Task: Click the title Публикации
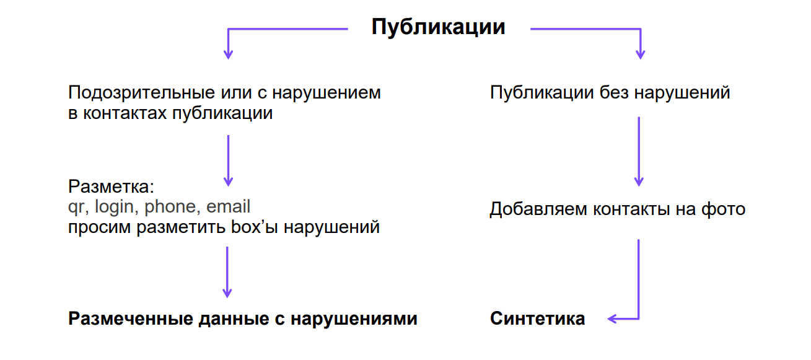coord(438,27)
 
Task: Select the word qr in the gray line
coord(76,207)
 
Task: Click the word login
coord(114,207)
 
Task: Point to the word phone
coord(169,207)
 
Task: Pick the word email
coord(228,207)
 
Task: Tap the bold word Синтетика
coord(537,318)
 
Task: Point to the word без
coord(617,93)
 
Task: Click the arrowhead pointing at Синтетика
coord(612,319)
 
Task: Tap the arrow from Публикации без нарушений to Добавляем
coord(639,151)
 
